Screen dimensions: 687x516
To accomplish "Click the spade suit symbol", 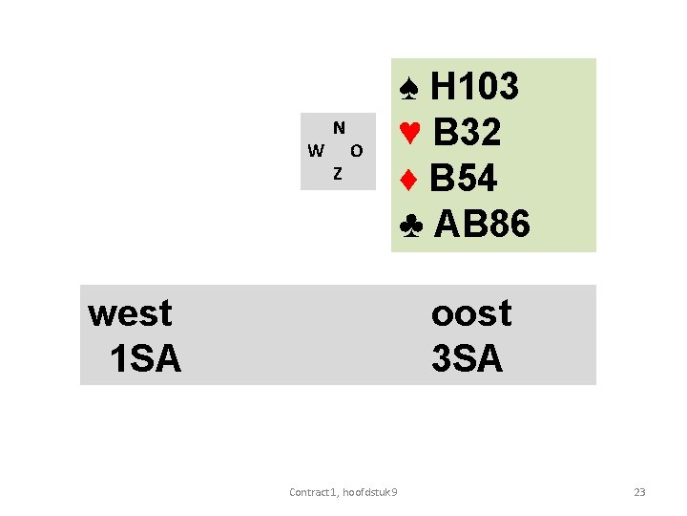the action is [408, 88].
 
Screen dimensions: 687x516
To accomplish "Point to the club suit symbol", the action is [411, 225].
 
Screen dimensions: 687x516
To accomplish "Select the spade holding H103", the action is [474, 87].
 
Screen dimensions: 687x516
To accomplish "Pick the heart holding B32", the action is [467, 133].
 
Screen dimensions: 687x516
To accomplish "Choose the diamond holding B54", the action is [464, 179].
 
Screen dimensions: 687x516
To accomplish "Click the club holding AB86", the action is [482, 225].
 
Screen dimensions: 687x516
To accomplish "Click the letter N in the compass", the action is [339, 127].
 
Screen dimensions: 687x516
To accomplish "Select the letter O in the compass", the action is [356, 150].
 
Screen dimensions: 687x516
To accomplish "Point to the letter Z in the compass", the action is [337, 173].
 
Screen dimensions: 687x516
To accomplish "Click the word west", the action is [130, 312].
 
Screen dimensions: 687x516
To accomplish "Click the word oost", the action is [471, 312].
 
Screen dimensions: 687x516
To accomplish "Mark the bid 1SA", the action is [145, 358].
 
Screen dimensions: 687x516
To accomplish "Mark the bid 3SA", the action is [467, 358].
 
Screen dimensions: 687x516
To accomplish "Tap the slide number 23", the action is [639, 492].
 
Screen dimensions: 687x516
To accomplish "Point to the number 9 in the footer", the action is [395, 492].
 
